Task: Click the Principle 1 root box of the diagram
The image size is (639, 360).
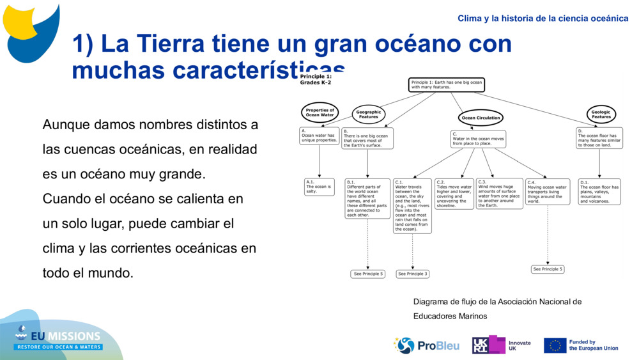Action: (446, 85)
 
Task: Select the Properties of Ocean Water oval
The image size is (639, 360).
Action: (319, 113)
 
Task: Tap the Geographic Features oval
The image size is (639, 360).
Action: (368, 114)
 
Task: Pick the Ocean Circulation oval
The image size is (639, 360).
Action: (481, 118)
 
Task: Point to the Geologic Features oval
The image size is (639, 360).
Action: (601, 114)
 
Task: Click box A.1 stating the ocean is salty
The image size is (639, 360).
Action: (319, 187)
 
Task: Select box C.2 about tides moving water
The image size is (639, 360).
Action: (454, 194)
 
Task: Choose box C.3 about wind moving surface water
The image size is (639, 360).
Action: (499, 194)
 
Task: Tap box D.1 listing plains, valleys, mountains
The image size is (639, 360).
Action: (599, 191)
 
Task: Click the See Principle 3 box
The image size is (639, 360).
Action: (412, 274)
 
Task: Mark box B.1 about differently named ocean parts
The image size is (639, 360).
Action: (367, 198)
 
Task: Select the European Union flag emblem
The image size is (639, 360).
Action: (555, 345)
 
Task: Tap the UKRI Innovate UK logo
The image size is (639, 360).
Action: (501, 345)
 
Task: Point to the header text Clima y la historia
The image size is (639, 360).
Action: (543, 19)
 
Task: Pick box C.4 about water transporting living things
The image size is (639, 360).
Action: (548, 192)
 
